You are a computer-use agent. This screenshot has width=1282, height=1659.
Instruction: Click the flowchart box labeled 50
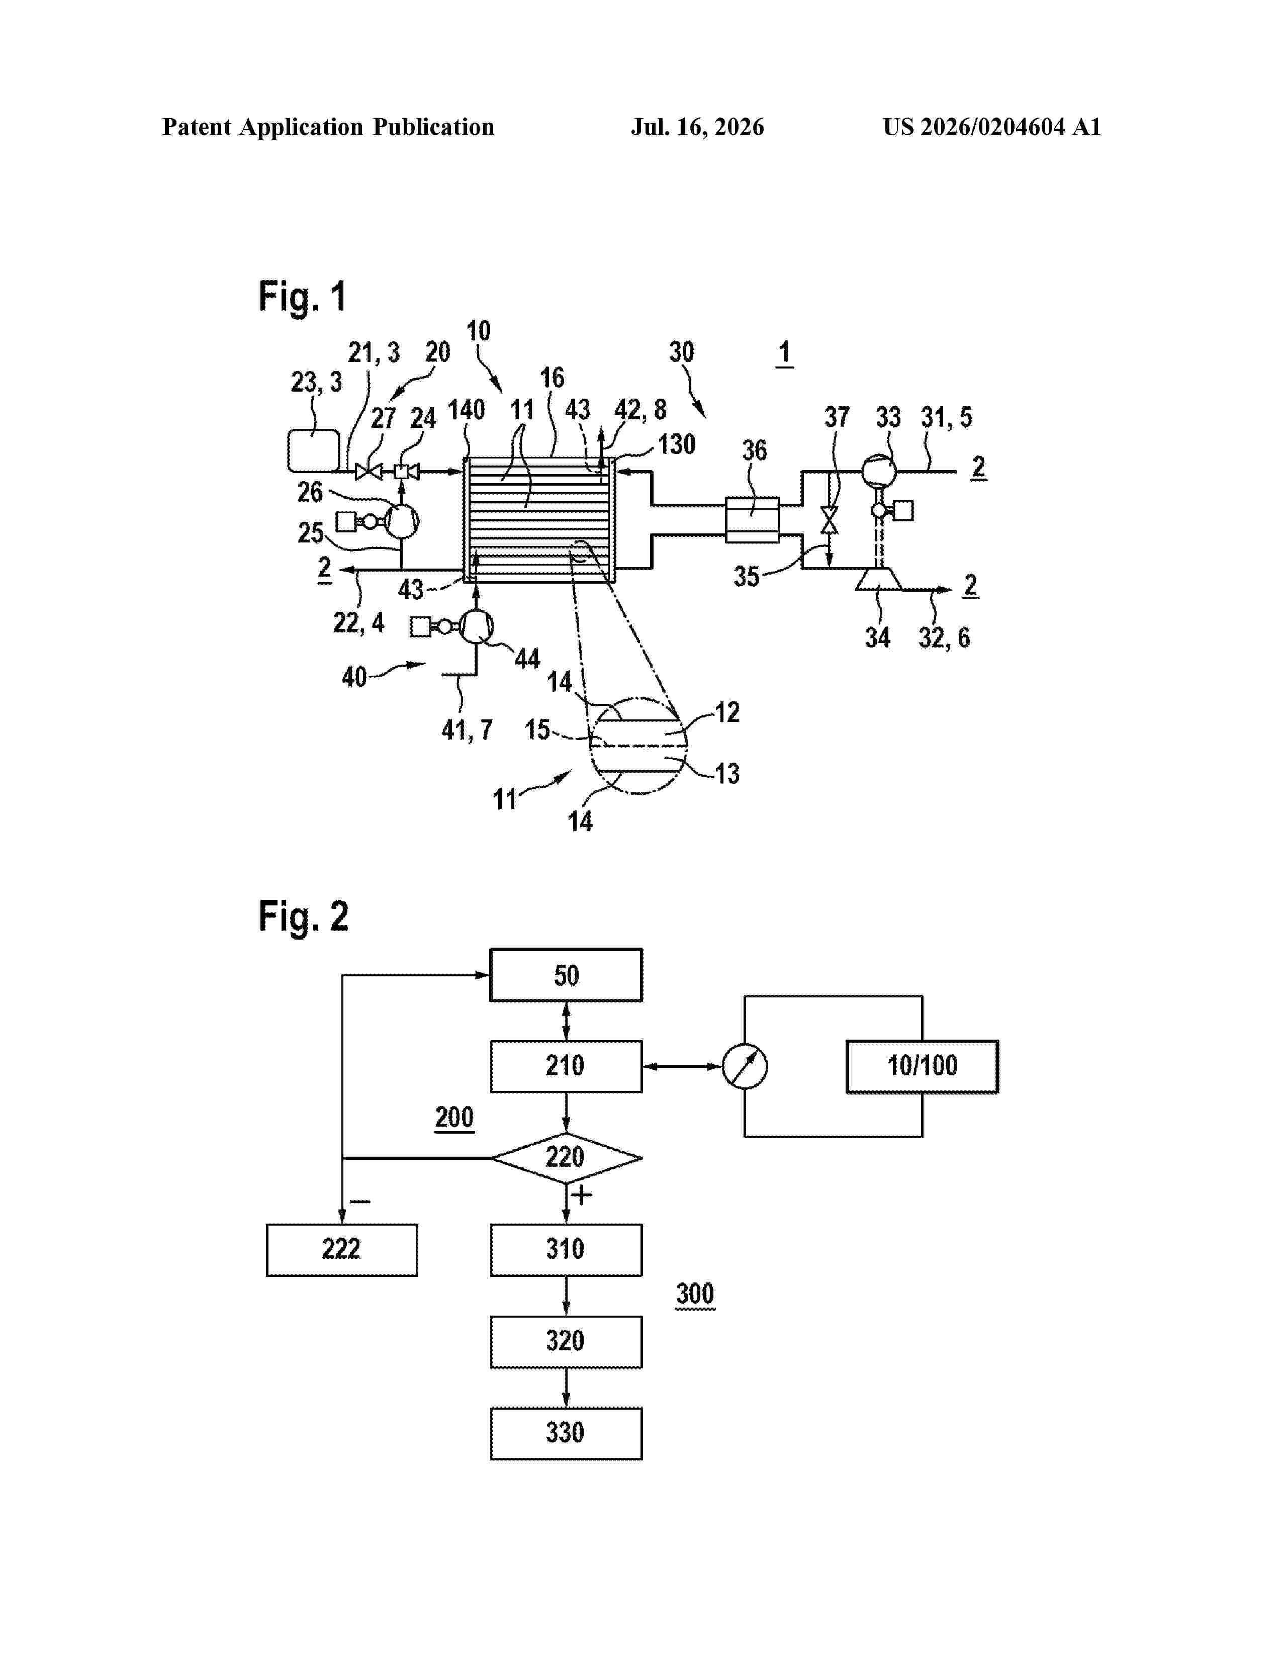click(566, 975)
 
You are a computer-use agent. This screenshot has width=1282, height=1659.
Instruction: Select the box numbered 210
click(566, 1066)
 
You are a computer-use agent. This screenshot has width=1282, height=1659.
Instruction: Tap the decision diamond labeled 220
click(566, 1158)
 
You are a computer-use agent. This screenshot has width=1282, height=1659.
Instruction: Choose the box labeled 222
click(342, 1250)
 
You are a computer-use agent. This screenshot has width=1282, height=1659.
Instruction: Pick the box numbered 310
click(566, 1250)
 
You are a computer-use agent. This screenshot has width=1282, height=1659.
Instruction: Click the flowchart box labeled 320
click(566, 1341)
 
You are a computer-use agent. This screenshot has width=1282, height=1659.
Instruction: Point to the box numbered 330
click(566, 1433)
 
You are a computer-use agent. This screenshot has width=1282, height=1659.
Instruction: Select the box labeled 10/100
click(922, 1066)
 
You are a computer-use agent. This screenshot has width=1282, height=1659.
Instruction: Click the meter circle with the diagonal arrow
click(744, 1066)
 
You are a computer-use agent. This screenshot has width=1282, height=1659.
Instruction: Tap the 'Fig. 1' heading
click(302, 296)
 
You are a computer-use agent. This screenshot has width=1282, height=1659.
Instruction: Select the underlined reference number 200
click(454, 1118)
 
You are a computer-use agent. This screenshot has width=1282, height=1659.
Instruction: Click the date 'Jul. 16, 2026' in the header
click(697, 127)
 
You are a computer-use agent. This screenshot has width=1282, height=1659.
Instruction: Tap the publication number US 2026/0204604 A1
click(992, 127)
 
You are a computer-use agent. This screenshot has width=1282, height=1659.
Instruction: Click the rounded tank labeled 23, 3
click(314, 450)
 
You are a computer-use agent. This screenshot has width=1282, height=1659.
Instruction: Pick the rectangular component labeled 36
click(752, 520)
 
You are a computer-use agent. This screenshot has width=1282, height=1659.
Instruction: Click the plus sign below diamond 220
click(582, 1195)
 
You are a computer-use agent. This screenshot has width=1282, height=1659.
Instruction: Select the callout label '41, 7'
click(467, 730)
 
